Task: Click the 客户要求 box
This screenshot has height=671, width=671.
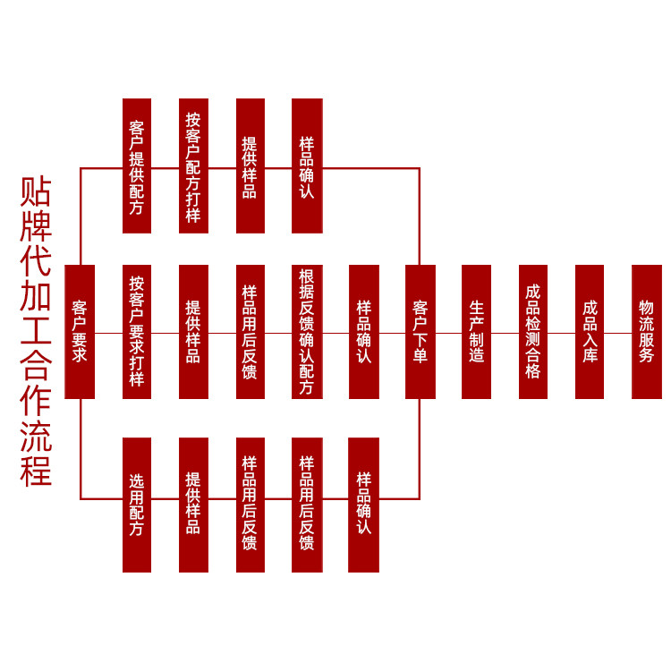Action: pyautogui.click(x=80, y=331)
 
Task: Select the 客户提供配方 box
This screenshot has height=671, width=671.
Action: pyautogui.click(x=137, y=166)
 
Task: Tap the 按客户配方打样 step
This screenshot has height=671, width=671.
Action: pyautogui.click(x=193, y=166)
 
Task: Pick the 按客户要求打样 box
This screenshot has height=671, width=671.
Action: pyautogui.click(x=137, y=331)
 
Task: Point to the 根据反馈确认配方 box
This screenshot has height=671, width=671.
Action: pyautogui.click(x=307, y=331)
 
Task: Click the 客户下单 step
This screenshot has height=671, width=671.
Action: pyautogui.click(x=420, y=331)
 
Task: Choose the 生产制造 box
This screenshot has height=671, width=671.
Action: pyautogui.click(x=477, y=331)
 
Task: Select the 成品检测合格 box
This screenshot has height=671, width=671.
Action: pyautogui.click(x=533, y=331)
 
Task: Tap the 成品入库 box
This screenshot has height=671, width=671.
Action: pyautogui.click(x=590, y=331)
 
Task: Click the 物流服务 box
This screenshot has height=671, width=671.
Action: pyautogui.click(x=647, y=331)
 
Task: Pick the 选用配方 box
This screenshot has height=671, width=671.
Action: pyautogui.click(x=137, y=505)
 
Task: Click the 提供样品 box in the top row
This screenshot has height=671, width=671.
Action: pyautogui.click(x=251, y=166)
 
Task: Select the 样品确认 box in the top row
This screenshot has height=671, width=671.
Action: pyautogui.click(x=307, y=166)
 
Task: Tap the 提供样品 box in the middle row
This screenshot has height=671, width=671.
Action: pyautogui.click(x=193, y=331)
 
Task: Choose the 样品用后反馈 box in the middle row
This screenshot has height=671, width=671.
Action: pyautogui.click(x=251, y=331)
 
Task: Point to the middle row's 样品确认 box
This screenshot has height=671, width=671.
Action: pyautogui.click(x=364, y=331)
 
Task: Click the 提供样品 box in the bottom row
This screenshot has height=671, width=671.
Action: pyautogui.click(x=193, y=505)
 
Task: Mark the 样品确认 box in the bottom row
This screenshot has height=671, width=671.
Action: pyautogui.click(x=364, y=505)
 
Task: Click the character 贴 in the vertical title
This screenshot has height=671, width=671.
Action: pyautogui.click(x=36, y=191)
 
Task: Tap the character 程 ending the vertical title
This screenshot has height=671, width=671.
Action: pyautogui.click(x=36, y=471)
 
